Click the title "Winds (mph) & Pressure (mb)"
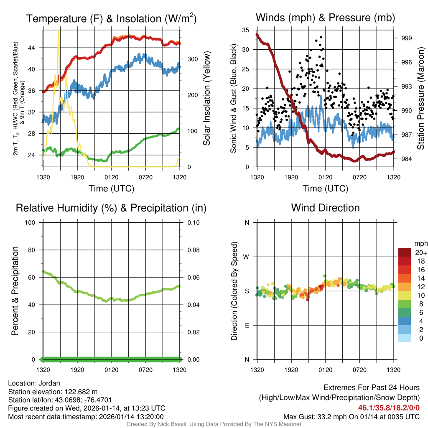pyautogui.click(x=325, y=18)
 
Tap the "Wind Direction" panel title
pyautogui.click(x=325, y=208)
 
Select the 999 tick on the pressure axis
pyautogui.click(x=407, y=38)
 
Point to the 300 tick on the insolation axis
pyautogui.click(x=192, y=59)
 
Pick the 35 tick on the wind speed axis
pyautogui.click(x=245, y=30)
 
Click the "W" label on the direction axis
pyautogui.click(x=247, y=257)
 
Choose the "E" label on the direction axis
pyautogui.click(x=247, y=325)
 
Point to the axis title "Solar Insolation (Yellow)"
pyautogui.click(x=206, y=99)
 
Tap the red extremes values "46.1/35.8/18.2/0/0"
pyautogui.click(x=389, y=408)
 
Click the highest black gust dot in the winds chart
pyautogui.click(x=321, y=37)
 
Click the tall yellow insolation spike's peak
pyautogui.click(x=59, y=31)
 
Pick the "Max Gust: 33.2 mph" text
pyautogui.click(x=319, y=416)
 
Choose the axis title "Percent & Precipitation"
pyautogui.click(x=15, y=291)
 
